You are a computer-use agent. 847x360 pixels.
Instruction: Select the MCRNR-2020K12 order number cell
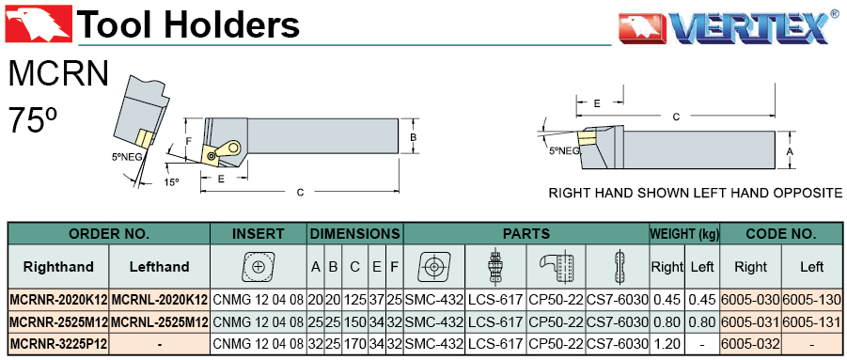pyautogui.click(x=59, y=300)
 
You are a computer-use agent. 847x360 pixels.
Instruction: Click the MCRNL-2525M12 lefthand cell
pyautogui.click(x=160, y=322)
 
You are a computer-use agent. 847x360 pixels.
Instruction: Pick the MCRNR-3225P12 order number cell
pyautogui.click(x=59, y=343)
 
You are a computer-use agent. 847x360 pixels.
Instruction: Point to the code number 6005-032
pyautogui.click(x=751, y=343)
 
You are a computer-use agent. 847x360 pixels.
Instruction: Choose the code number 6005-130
pyautogui.click(x=811, y=300)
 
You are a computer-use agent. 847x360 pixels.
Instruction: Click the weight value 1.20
pyautogui.click(x=667, y=343)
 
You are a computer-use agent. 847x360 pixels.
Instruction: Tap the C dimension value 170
pyautogui.click(x=355, y=343)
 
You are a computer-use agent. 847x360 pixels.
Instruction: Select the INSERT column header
pyautogui.click(x=259, y=234)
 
